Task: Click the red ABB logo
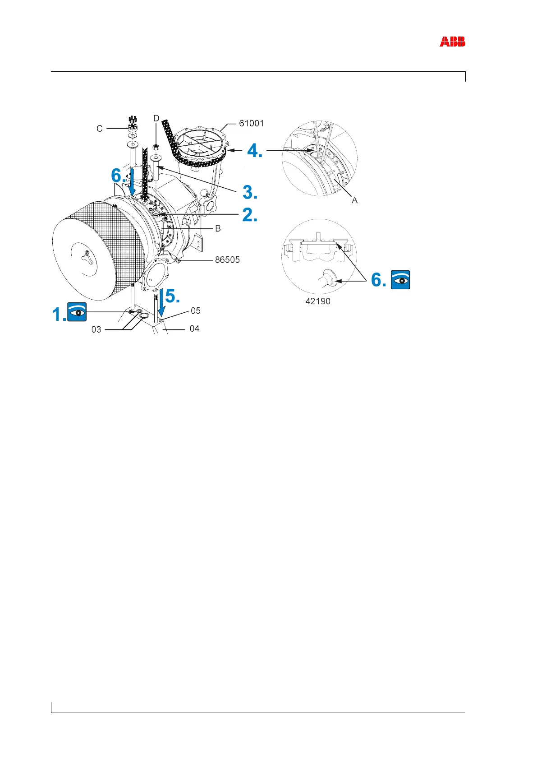(452, 42)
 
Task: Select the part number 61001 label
(251, 123)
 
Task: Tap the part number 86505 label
(227, 260)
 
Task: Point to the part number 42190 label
(318, 301)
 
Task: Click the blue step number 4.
(254, 150)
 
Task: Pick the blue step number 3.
(250, 192)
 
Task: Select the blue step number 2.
(250, 215)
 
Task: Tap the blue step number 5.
(173, 296)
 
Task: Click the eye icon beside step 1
(77, 312)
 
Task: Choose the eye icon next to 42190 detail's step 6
(400, 280)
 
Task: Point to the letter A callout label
(355, 200)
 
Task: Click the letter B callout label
(218, 229)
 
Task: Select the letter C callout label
(100, 129)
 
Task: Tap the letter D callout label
(156, 118)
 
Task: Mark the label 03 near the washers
(96, 329)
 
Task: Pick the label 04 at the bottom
(194, 329)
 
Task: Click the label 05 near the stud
(195, 311)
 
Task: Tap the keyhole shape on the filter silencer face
(86, 256)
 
